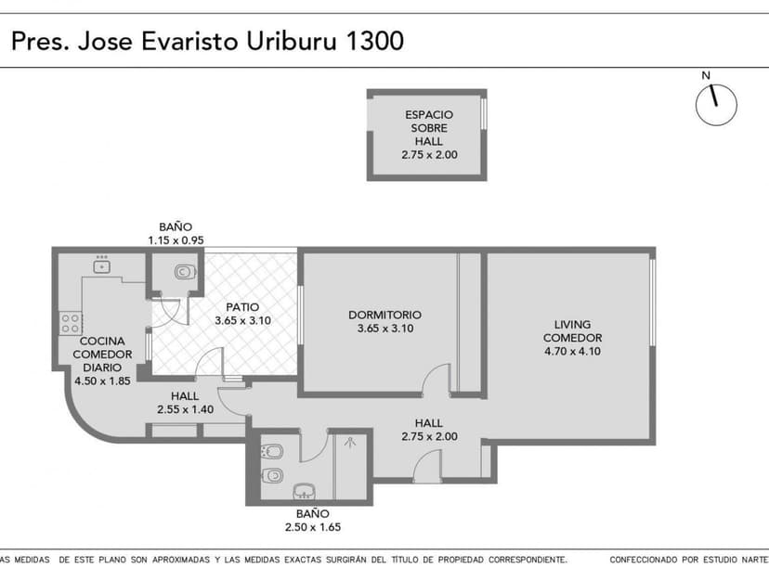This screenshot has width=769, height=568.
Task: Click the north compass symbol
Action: click(716, 105)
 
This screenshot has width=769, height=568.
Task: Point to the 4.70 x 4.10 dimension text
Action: click(572, 351)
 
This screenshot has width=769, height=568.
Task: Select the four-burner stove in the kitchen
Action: click(71, 323)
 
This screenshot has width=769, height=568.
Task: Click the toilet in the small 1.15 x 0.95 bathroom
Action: click(184, 273)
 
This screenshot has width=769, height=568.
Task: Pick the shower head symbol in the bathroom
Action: click(350, 444)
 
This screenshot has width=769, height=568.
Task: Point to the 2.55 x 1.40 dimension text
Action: click(185, 408)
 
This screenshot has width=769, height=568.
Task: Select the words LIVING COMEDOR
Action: click(572, 330)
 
